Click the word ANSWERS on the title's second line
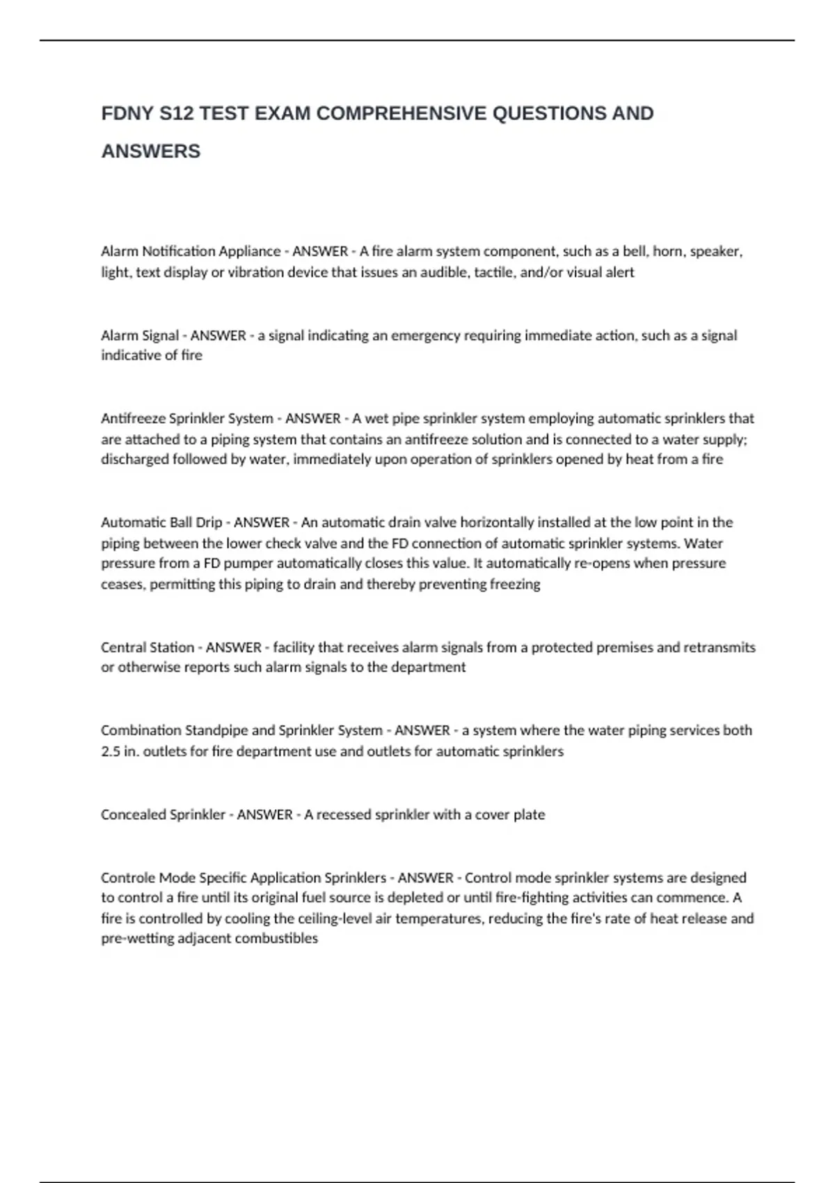click(x=151, y=151)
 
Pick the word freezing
click(x=515, y=585)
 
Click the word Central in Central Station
click(x=123, y=648)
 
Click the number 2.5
click(x=110, y=752)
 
